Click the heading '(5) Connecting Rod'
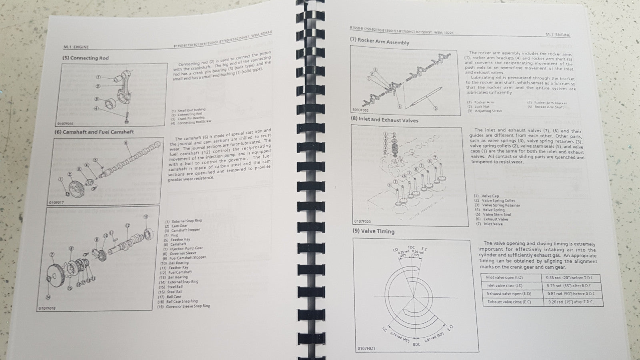(x=85, y=58)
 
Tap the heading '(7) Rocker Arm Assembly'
(x=379, y=41)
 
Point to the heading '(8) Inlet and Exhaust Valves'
(x=384, y=119)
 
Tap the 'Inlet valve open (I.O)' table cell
(x=504, y=277)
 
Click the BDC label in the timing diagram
(x=416, y=344)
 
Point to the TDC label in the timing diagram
(x=411, y=247)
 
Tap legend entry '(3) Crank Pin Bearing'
(x=188, y=118)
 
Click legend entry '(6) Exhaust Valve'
(x=491, y=219)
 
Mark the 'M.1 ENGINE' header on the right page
(x=558, y=35)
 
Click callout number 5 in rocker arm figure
(x=436, y=108)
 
